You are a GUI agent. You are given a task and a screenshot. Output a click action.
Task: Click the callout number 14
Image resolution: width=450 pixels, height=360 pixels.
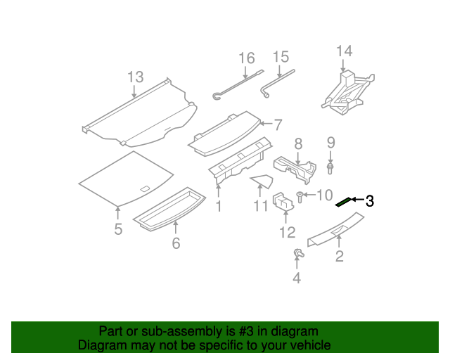[x=344, y=51]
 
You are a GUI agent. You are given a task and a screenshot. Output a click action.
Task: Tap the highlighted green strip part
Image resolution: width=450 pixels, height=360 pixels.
[x=344, y=202]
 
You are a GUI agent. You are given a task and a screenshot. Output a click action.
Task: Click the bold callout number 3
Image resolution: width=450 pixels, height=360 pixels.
[x=370, y=201]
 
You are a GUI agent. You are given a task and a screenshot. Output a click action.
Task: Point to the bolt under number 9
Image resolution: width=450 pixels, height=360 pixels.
[x=330, y=168]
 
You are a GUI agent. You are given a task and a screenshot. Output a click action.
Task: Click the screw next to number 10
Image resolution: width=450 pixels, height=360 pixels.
[x=300, y=197]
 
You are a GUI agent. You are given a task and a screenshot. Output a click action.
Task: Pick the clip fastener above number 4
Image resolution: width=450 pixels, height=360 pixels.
[x=298, y=253]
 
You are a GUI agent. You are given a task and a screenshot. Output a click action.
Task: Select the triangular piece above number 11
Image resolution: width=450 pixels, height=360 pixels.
[x=262, y=181]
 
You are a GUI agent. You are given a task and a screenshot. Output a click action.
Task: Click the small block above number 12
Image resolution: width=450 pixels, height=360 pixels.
[x=283, y=202]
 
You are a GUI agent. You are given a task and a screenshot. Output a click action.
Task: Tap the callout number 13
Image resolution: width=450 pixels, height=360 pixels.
[x=136, y=77]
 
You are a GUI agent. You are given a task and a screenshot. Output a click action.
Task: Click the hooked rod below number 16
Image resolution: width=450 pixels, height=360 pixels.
[x=238, y=85]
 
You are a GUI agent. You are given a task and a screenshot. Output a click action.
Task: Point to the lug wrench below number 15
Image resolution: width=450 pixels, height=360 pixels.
[x=277, y=84]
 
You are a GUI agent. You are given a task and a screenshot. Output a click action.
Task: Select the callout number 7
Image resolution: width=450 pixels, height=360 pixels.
[x=278, y=124]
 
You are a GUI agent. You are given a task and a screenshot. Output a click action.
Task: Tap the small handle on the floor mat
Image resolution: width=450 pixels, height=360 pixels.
[x=145, y=188]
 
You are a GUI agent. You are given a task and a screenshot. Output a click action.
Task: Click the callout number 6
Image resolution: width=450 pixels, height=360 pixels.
[x=176, y=243]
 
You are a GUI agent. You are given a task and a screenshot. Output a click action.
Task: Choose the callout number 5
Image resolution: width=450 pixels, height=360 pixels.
[x=118, y=229]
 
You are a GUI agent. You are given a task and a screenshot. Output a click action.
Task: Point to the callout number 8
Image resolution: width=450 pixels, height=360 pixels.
[x=298, y=143]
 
